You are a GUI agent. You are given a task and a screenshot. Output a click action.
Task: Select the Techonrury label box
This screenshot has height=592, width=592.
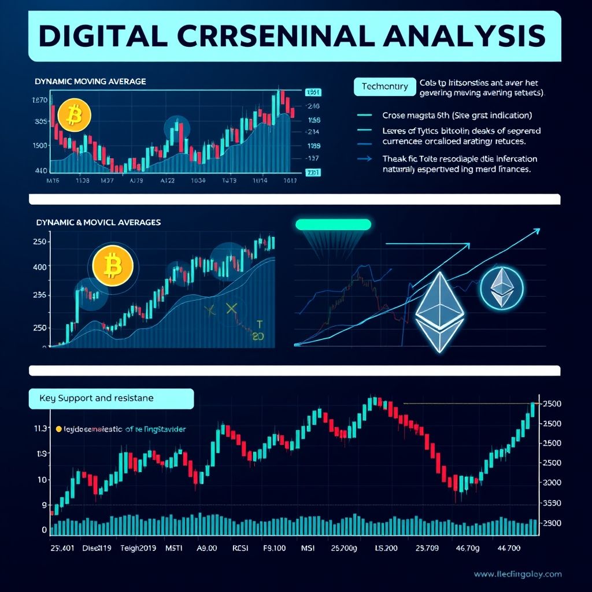(384, 87)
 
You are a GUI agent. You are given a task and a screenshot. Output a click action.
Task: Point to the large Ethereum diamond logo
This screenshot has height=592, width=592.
(437, 312)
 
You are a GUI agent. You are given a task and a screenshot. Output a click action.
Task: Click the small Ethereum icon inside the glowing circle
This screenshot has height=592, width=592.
(501, 286)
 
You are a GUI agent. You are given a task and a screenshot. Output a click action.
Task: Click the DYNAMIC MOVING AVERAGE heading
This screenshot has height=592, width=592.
(90, 82)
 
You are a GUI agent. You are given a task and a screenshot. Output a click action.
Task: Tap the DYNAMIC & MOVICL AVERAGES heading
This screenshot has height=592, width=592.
(98, 222)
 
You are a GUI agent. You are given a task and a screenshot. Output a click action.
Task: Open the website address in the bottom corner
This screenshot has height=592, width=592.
(517, 574)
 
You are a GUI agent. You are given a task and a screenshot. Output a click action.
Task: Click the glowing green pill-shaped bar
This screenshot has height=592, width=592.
(332, 224)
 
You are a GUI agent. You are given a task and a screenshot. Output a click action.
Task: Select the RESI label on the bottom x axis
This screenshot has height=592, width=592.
(239, 548)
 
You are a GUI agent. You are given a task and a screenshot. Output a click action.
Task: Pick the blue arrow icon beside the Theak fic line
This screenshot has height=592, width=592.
(365, 158)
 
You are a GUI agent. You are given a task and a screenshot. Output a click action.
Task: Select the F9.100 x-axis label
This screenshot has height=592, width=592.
(275, 548)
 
